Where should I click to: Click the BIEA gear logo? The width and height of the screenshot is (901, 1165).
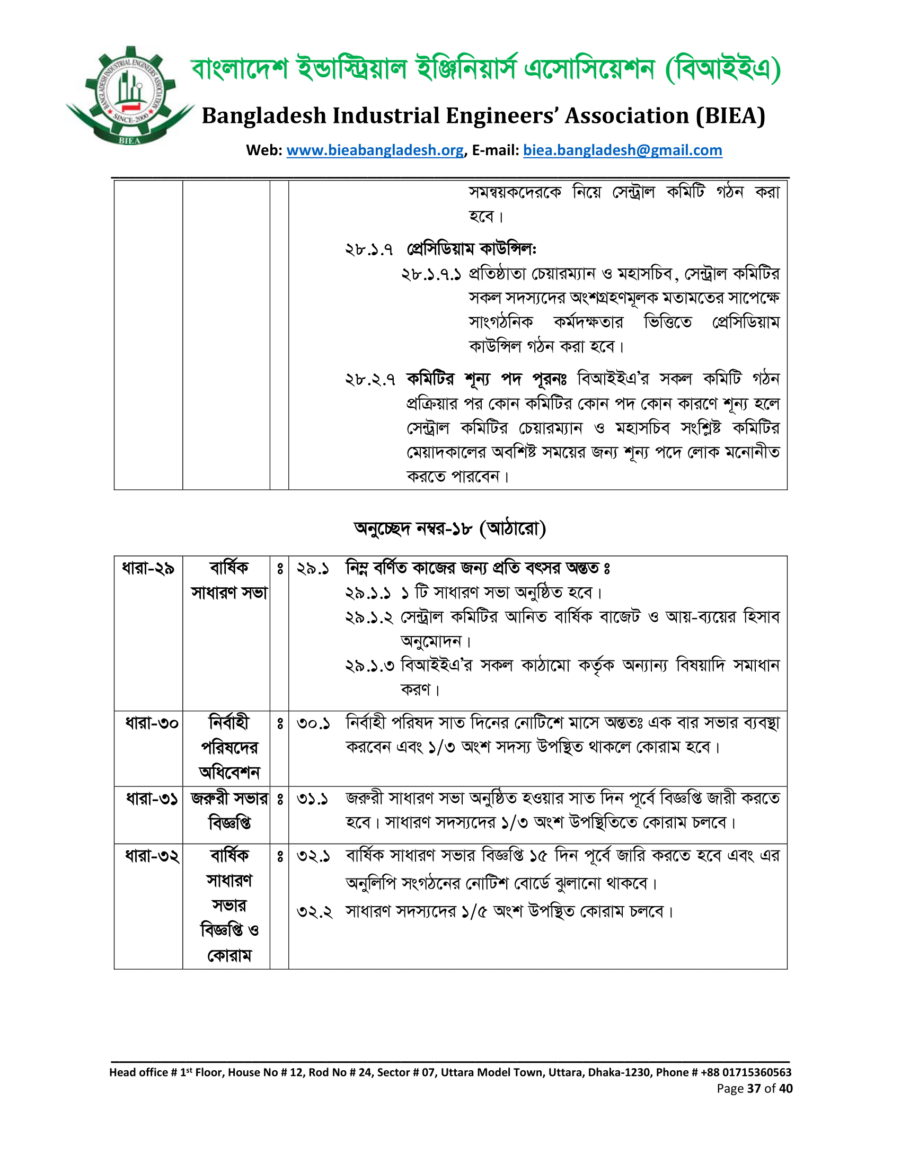[x=129, y=96]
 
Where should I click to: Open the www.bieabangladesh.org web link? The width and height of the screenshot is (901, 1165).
[x=375, y=150]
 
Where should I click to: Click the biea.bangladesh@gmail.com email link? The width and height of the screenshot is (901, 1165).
[x=622, y=150]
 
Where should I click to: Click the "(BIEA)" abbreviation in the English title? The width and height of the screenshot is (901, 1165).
[x=730, y=116]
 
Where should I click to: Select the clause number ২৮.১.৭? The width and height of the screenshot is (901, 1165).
[x=369, y=249]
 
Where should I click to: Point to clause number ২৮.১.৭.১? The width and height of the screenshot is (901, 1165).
[x=431, y=274]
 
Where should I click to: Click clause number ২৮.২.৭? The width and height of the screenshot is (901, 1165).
[x=370, y=379]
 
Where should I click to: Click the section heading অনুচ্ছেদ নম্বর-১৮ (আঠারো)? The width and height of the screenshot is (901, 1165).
[x=449, y=528]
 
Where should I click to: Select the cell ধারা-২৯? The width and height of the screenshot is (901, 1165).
[x=148, y=568]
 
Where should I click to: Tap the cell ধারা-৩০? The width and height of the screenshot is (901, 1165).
[x=152, y=723]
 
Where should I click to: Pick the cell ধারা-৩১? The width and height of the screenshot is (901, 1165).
[x=152, y=799]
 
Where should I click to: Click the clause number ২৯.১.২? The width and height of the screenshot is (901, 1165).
[x=369, y=617]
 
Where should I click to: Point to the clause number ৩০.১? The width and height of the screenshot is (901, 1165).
[x=313, y=724]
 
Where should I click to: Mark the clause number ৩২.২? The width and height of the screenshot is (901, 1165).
[x=314, y=912]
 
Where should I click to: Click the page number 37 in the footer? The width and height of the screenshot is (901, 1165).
[x=754, y=1089]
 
